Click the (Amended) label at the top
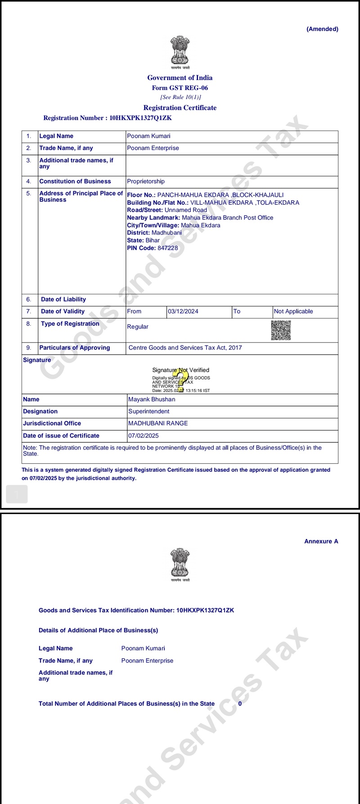[322, 29]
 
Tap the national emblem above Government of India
[180, 51]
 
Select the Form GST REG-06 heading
[180, 88]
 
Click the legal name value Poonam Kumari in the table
[148, 136]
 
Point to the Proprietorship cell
[146, 181]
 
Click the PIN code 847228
[168, 248]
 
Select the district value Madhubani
[166, 233]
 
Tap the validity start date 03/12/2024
[183, 312]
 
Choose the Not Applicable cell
[293, 312]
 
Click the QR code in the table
[281, 330]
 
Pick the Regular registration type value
[138, 327]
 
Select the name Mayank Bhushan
[152, 399]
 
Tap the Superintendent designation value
[149, 411]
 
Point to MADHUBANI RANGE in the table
[158, 424]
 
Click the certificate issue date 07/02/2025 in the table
[144, 436]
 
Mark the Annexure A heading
[321, 541]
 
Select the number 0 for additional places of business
[240, 704]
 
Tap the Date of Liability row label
[63, 299]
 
